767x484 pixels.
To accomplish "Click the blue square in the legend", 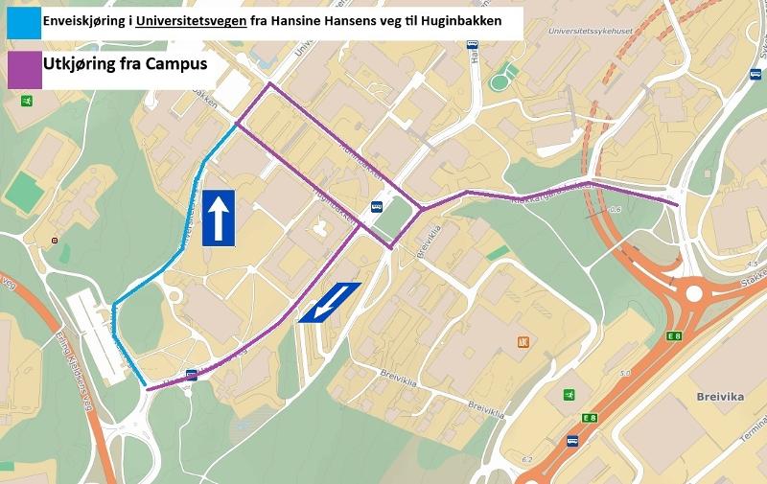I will tap(21, 22).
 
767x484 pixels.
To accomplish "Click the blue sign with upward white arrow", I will tap(218, 218).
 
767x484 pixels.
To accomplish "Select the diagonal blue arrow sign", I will tap(329, 302).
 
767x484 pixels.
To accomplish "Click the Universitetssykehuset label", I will tap(592, 31).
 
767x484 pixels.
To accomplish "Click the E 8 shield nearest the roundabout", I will tap(675, 334).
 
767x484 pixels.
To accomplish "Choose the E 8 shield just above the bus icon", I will tap(589, 418).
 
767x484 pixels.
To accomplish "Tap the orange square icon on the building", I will tap(523, 342).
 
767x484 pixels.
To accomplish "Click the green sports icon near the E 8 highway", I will tap(569, 395).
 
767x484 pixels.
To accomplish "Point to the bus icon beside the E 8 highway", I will tap(572, 442).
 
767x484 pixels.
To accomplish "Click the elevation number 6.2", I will tap(526, 461).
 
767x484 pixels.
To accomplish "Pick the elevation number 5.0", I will tap(625, 373).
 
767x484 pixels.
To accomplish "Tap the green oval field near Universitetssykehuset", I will tap(499, 81).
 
